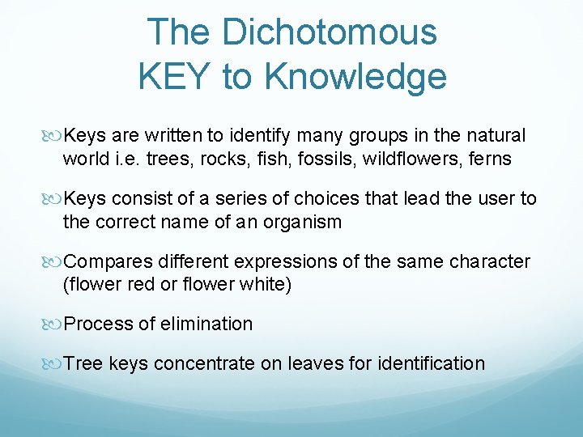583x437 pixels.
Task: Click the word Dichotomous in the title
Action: tap(329, 33)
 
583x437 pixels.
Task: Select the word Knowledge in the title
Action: tap(355, 77)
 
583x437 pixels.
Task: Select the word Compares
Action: tap(105, 262)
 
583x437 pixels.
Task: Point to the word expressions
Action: tap(279, 262)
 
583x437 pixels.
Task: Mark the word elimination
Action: tap(207, 325)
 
